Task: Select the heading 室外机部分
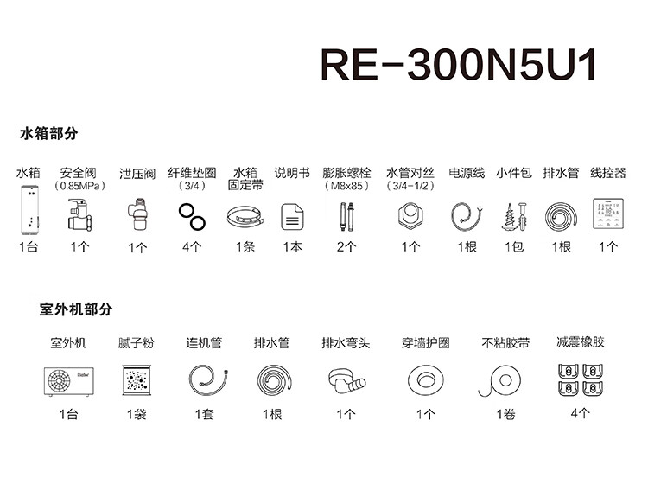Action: point(76,309)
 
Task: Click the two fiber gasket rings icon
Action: point(192,215)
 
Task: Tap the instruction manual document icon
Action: point(291,216)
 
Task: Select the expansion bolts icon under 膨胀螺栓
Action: point(346,215)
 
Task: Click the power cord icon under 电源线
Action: point(466,215)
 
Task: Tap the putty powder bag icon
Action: point(137,380)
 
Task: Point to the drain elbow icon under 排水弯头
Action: point(346,381)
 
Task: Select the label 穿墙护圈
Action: point(426,343)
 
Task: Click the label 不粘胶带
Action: point(505,343)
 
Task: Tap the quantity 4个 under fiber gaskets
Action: point(192,247)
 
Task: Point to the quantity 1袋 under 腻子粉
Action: point(137,415)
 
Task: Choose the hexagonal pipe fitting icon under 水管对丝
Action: point(410,215)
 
